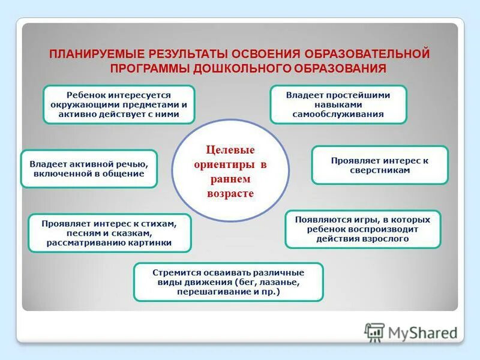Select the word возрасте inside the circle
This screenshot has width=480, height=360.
pos(230,194)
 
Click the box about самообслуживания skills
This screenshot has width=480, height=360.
pos(338,104)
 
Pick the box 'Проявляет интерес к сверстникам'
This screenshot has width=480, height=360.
pos(380,165)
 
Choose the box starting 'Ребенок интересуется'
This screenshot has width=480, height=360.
pos(119,104)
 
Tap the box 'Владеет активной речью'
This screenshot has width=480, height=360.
pos(89,169)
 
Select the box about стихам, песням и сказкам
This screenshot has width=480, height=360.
pos(109,233)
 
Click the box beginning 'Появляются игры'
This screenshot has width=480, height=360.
pos(362,229)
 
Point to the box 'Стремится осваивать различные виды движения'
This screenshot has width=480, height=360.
pos(228,282)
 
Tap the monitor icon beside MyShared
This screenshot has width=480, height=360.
pos(374,332)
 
